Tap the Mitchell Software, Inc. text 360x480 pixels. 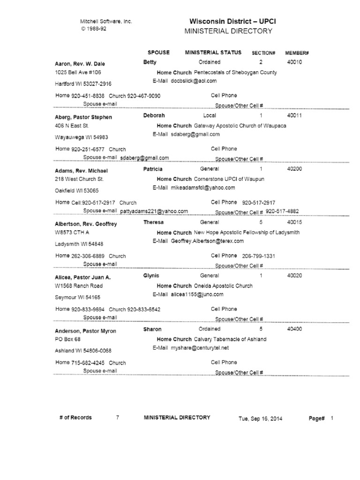[x=107, y=22]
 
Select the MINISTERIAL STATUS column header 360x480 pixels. [x=213, y=52]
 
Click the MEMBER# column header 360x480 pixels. [x=295, y=53]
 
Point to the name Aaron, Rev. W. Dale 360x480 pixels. [x=80, y=64]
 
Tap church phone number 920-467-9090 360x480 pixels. [x=144, y=96]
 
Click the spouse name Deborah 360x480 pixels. [x=154, y=115]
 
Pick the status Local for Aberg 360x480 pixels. [x=210, y=115]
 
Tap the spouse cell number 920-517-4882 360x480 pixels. [x=282, y=211]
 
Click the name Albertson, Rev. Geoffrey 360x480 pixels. [x=86, y=224]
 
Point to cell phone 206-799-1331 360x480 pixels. [x=258, y=256]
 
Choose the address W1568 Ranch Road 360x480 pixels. [x=79, y=286]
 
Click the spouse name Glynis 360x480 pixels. [x=151, y=276]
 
